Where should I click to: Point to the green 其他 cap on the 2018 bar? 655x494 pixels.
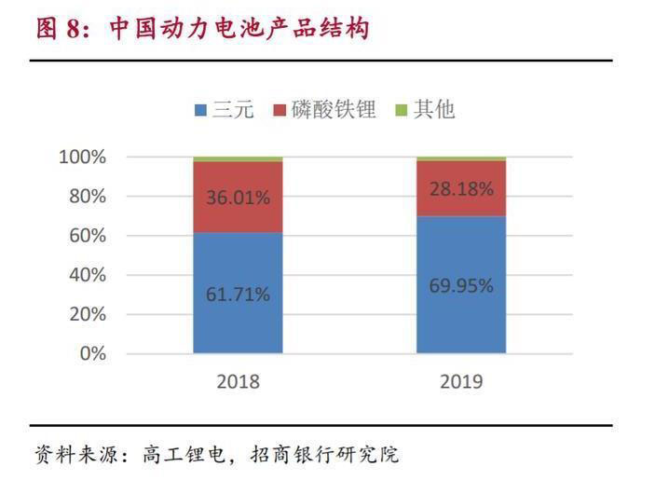tap(238, 158)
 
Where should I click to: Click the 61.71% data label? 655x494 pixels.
tap(239, 295)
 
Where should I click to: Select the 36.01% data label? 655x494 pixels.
tap(239, 197)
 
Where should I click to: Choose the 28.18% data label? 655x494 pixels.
tap(461, 187)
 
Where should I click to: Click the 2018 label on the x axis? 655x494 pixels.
tap(238, 382)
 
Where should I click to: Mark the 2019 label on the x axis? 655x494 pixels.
tap(460, 382)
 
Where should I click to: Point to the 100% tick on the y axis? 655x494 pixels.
tap(83, 157)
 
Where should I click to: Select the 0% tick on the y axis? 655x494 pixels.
tap(92, 353)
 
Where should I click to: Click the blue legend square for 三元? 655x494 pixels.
tap(200, 110)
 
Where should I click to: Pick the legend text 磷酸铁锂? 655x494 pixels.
tap(333, 110)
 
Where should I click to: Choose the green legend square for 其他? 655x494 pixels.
tap(403, 110)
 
